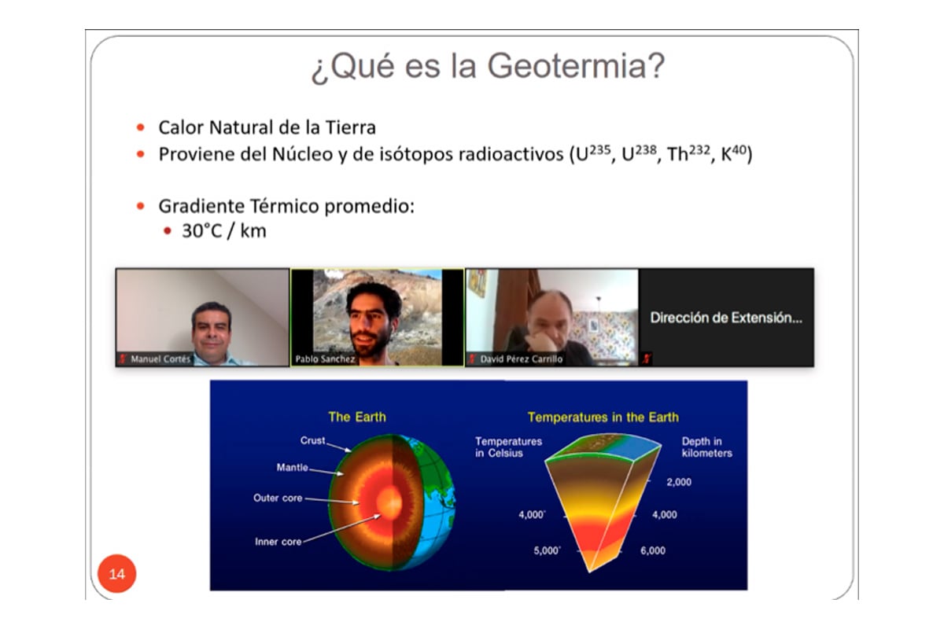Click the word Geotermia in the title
(x=576, y=66)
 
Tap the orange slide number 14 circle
(x=116, y=573)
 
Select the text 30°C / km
(x=223, y=231)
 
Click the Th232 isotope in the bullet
(x=688, y=153)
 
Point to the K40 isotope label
(x=734, y=153)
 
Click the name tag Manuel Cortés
(x=160, y=359)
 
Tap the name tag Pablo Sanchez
(x=325, y=359)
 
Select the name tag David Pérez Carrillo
(x=522, y=359)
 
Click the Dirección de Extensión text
(x=725, y=318)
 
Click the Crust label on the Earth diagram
(x=312, y=440)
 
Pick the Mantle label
(x=292, y=467)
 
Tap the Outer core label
(x=278, y=498)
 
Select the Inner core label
(x=278, y=542)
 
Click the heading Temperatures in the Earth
(x=603, y=417)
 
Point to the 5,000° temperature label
(x=547, y=550)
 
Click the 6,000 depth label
(x=653, y=550)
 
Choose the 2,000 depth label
(x=679, y=482)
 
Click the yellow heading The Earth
(x=357, y=417)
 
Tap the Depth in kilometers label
(x=706, y=447)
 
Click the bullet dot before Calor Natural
(x=141, y=127)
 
